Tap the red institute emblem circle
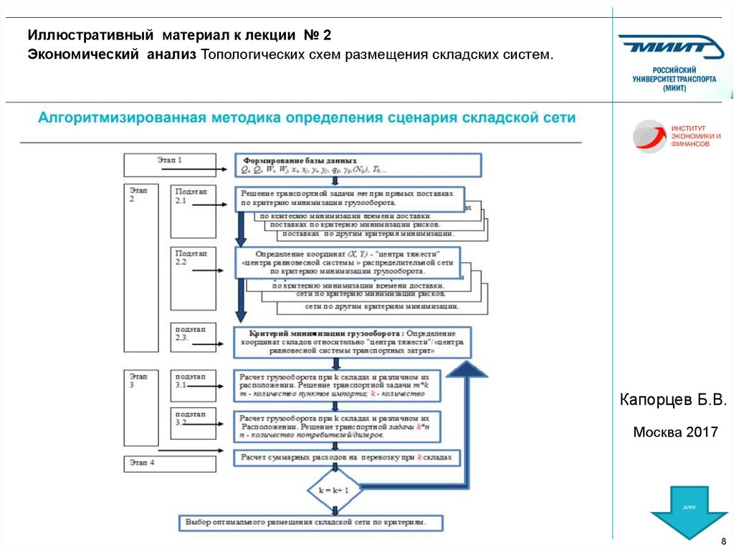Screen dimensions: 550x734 649,136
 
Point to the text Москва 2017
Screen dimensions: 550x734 675,433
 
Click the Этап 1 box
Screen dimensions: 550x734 170,164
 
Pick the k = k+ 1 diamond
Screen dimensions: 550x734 333,490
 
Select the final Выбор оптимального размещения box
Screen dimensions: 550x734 310,523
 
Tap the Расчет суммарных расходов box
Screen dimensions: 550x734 348,457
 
